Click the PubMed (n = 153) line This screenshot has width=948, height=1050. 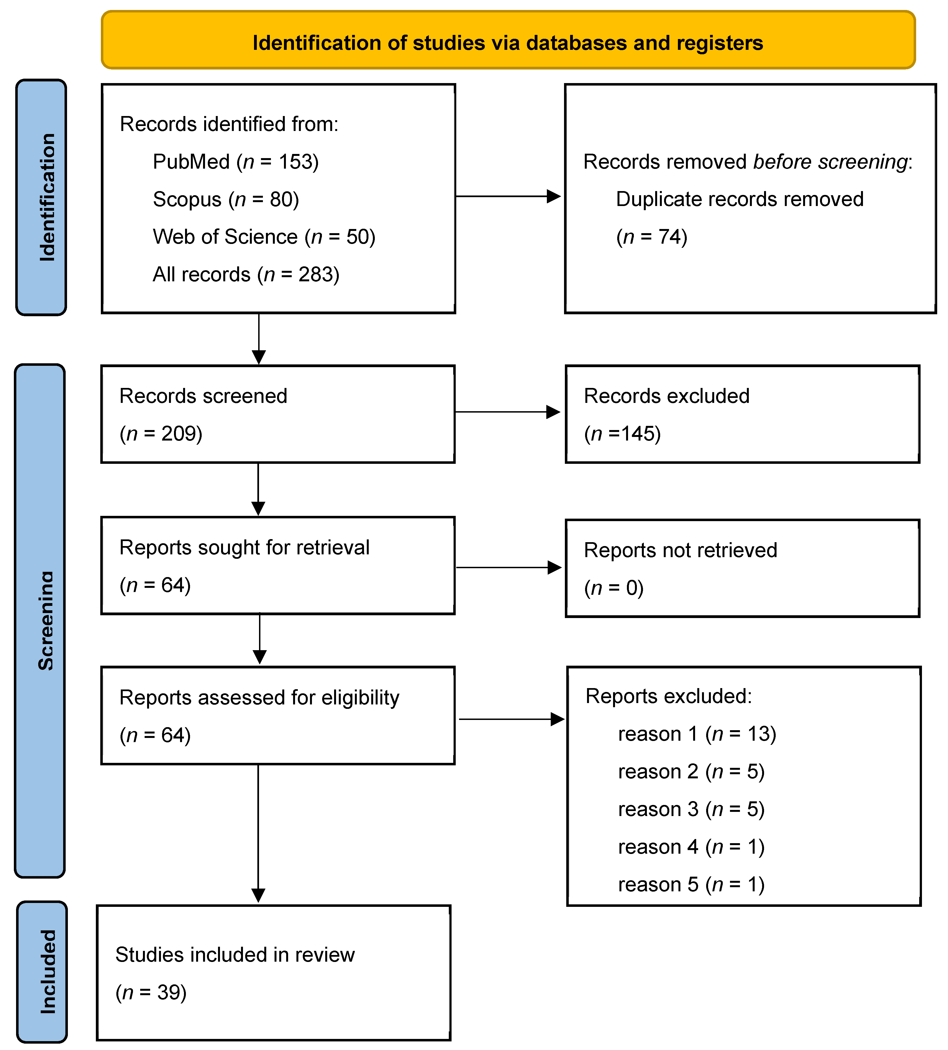235,162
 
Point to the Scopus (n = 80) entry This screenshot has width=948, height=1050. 226,199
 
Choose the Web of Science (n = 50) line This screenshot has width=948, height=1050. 263,237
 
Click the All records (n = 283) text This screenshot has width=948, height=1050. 246,274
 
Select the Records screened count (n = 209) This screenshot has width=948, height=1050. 161,434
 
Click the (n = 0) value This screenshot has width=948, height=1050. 614,588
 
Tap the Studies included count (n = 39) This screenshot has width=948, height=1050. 151,993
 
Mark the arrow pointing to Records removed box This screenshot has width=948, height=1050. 508,196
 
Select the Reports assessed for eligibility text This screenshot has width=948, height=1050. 259,698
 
